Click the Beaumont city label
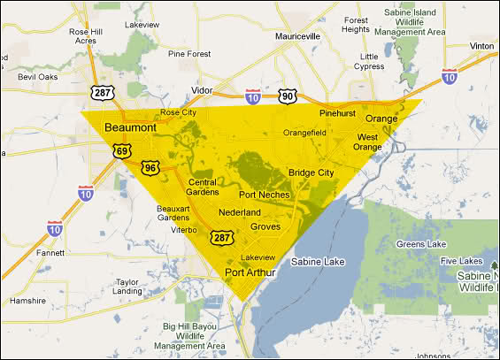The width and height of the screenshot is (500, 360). pyautogui.click(x=130, y=128)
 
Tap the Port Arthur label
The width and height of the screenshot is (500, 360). pyautogui.click(x=250, y=272)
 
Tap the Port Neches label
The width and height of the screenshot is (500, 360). pyautogui.click(x=264, y=195)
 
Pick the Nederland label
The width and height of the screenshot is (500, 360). pyautogui.click(x=240, y=213)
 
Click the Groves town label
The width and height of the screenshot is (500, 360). pyautogui.click(x=265, y=227)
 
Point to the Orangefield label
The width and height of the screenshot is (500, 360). pyautogui.click(x=305, y=133)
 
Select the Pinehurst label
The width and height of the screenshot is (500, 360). pyautogui.click(x=337, y=114)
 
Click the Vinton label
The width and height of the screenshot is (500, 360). pyautogui.click(x=482, y=45)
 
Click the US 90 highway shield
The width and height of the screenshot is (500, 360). pyautogui.click(x=286, y=96)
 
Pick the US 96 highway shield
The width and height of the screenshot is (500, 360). pyautogui.click(x=151, y=167)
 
